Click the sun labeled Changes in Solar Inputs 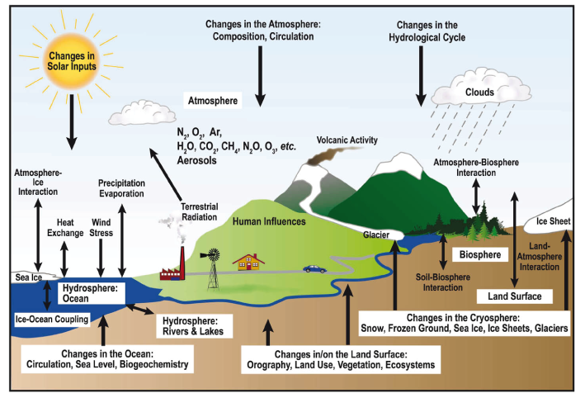(71, 62)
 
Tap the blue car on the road (314, 269)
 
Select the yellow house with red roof (248, 262)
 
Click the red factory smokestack (182, 263)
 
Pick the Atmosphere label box (213, 101)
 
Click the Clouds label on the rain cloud (479, 92)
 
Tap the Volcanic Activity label (347, 140)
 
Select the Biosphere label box (480, 254)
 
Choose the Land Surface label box (515, 296)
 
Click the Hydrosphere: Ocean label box (91, 293)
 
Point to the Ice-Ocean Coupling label (52, 320)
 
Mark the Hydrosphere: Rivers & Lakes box (194, 326)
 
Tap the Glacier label (376, 235)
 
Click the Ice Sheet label (554, 221)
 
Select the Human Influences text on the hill (269, 221)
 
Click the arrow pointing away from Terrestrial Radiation (165, 174)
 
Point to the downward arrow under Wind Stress (101, 258)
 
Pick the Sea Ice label (28, 277)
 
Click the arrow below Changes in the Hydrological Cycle (421, 76)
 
